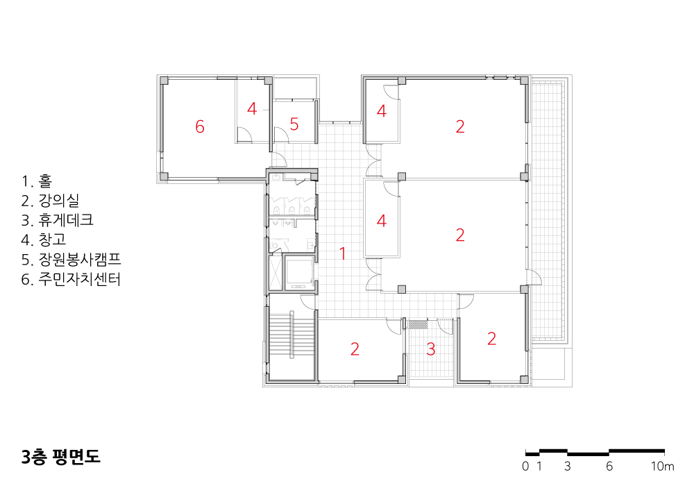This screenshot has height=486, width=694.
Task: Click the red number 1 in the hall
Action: [x=342, y=253]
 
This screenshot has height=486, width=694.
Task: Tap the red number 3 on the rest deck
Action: [x=431, y=349]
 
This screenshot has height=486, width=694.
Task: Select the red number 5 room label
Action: [x=294, y=124]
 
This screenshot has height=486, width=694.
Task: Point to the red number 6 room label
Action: [x=200, y=126]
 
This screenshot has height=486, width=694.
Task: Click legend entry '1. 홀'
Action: [x=37, y=181]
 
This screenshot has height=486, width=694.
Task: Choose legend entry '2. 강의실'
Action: [x=50, y=201]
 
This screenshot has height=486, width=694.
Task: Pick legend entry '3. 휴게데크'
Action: [x=57, y=220]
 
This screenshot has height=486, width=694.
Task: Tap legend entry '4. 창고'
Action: [x=43, y=240]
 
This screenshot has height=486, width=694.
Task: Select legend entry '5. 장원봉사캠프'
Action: [x=71, y=260]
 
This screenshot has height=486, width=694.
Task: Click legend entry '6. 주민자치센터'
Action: [x=71, y=279]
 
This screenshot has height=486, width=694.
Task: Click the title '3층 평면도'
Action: [x=60, y=457]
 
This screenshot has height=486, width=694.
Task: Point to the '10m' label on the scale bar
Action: [x=662, y=466]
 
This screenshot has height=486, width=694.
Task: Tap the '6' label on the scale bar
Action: [x=609, y=466]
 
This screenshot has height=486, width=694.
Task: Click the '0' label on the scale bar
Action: [x=525, y=466]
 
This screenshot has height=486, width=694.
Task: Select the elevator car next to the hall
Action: [x=298, y=272]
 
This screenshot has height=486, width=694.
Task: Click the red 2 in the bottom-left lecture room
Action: [x=355, y=349]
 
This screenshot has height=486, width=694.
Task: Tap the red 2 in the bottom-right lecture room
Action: [x=491, y=339]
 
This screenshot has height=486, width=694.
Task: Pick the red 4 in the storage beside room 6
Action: [x=252, y=108]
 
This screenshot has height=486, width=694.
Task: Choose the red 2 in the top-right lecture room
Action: [x=460, y=126]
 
